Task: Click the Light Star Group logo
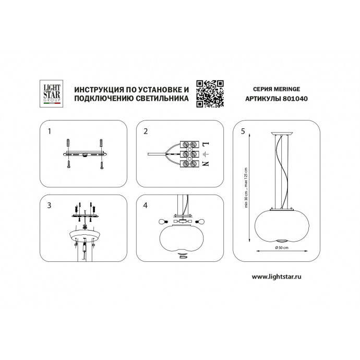click(x=51, y=94)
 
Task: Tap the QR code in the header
click(x=210, y=94)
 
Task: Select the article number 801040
click(x=295, y=99)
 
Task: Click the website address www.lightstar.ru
click(x=277, y=277)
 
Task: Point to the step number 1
click(x=49, y=131)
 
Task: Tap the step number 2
click(x=146, y=131)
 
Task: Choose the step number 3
click(x=49, y=205)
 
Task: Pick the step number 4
click(x=146, y=205)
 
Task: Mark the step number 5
click(x=243, y=131)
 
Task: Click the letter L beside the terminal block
click(x=206, y=145)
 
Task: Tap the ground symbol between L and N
click(x=205, y=154)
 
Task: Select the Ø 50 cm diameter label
click(x=282, y=247)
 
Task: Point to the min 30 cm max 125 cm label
click(x=246, y=188)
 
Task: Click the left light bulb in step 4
click(x=163, y=222)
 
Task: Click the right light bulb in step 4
click(x=200, y=222)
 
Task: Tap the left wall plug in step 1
click(x=68, y=143)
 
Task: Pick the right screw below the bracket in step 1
click(x=102, y=165)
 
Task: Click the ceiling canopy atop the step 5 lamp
click(x=282, y=134)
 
